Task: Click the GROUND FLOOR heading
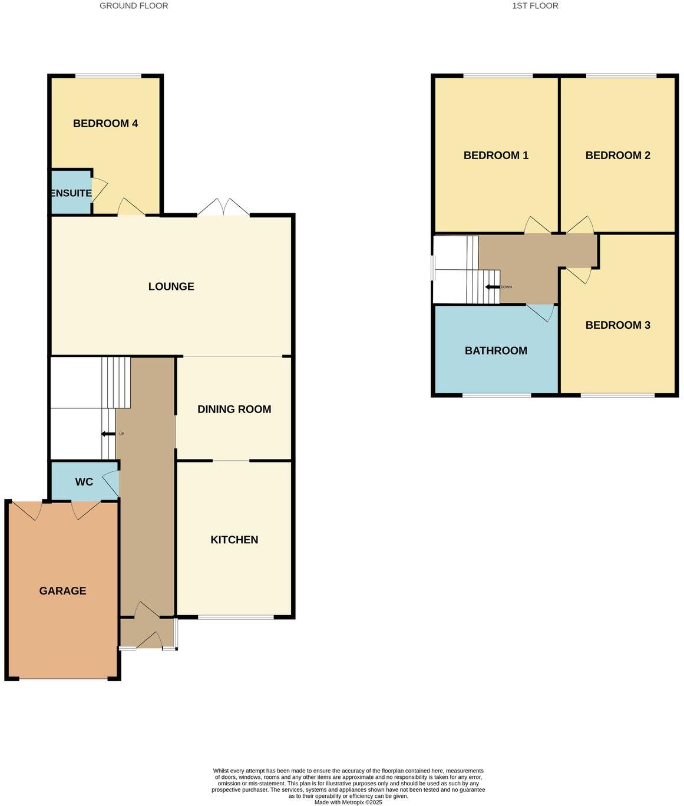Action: click(x=134, y=6)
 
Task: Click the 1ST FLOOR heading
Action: click(x=535, y=6)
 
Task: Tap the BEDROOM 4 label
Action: click(x=105, y=124)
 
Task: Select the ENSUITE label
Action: click(x=71, y=193)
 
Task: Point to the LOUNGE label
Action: click(x=171, y=287)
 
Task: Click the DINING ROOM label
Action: click(x=234, y=409)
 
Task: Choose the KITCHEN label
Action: click(x=234, y=540)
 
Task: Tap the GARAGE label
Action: click(x=62, y=591)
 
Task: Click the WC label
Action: click(x=84, y=482)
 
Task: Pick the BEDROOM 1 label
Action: click(x=495, y=156)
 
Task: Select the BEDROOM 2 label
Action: click(x=617, y=156)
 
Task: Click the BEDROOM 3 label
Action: click(x=617, y=325)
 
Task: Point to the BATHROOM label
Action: click(x=495, y=351)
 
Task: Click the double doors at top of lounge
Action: click(x=223, y=207)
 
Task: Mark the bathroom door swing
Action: click(x=541, y=312)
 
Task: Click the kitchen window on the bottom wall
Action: click(x=236, y=617)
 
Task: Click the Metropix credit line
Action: click(x=348, y=802)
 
